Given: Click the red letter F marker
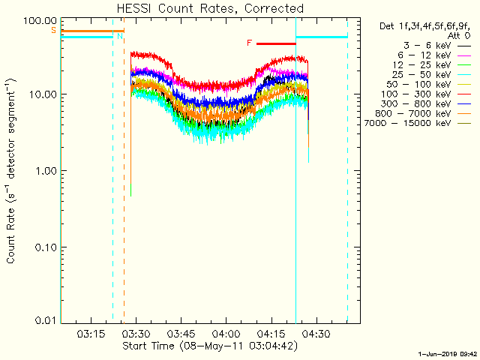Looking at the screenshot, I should pos(249,43).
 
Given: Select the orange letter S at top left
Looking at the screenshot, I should pos(53,30).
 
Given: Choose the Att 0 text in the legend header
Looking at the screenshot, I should pos(460,35).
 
